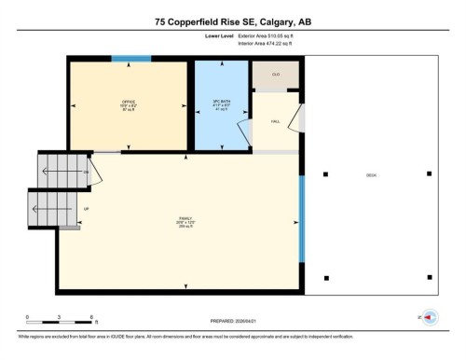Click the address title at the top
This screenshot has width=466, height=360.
click(232, 20)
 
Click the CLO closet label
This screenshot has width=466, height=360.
click(276, 74)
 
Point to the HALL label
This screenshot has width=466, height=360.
click(276, 121)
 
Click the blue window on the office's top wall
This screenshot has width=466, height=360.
click(131, 60)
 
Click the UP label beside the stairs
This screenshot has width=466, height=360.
click(87, 209)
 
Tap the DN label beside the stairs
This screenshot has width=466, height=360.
click(87, 173)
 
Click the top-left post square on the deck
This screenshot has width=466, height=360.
click(325, 173)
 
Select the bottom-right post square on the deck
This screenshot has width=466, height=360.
click(429, 277)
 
